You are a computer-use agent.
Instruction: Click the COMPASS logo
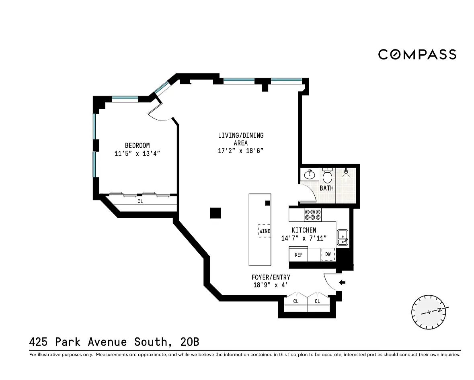coord(417,54)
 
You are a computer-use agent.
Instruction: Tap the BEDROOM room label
coord(137,145)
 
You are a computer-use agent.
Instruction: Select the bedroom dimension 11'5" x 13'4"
coord(137,153)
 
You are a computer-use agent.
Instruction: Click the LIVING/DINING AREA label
coord(241,139)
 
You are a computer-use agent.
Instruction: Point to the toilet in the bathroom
coord(327,175)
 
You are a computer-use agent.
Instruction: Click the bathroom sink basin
coord(309,174)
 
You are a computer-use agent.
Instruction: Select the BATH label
coord(326,188)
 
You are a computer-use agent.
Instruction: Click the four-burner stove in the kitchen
coord(312,215)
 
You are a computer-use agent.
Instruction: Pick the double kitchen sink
coord(343,237)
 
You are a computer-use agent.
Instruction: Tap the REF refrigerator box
coord(298,254)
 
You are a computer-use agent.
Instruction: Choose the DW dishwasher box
coord(328,254)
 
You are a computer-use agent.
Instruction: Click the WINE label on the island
coord(265,231)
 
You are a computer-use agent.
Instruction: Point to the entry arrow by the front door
coord(342,283)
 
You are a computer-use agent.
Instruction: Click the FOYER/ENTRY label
coord(271,277)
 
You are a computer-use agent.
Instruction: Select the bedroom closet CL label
coord(140,201)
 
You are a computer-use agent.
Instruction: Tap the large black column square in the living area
coord(215,213)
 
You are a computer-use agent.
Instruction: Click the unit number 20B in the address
coord(189,341)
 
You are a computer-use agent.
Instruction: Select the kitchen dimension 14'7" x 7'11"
coord(304,238)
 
